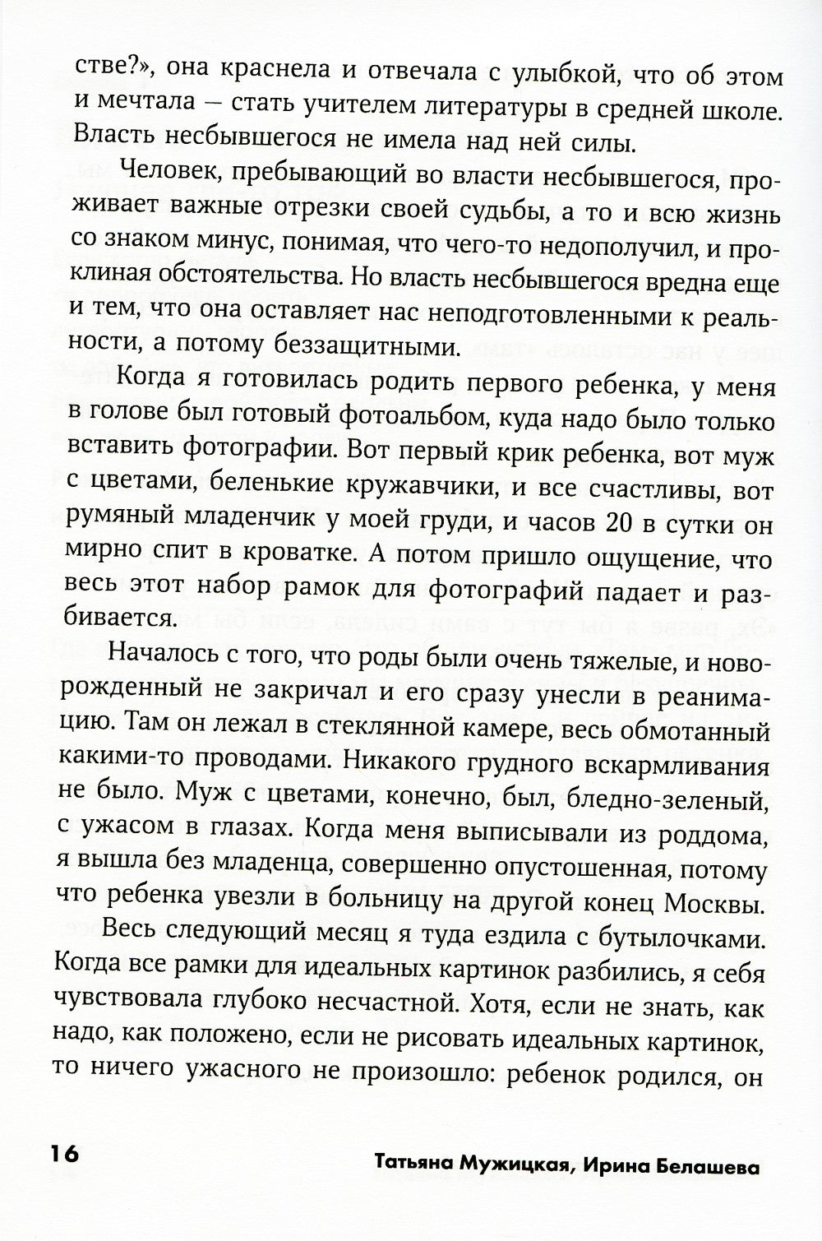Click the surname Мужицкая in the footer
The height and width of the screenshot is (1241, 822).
(x=534, y=1167)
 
